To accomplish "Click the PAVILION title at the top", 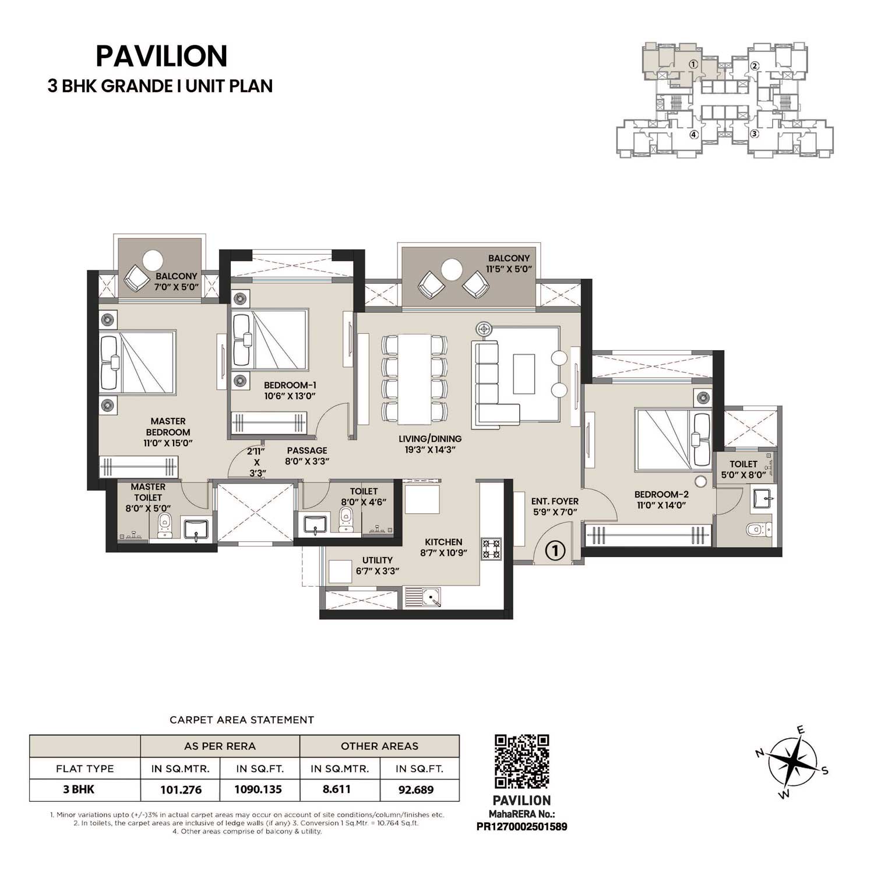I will click(161, 57).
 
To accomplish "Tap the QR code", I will click(521, 762).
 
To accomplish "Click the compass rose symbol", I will click(792, 763).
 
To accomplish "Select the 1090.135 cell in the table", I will click(258, 790).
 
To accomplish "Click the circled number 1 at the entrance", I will click(555, 550).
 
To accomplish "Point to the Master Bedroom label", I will click(168, 427).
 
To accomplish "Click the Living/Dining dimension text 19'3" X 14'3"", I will click(430, 450).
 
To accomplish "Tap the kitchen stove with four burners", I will click(491, 549).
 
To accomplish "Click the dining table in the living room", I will click(414, 379).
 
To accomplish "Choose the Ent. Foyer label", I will click(555, 501).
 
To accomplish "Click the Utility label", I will click(377, 561).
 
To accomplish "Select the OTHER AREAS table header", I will click(379, 746).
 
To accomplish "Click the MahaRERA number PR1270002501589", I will click(521, 826).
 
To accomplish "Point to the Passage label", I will click(306, 450).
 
